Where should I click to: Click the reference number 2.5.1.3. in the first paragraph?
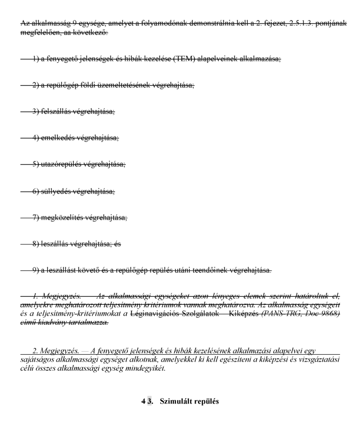click(304, 23)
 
